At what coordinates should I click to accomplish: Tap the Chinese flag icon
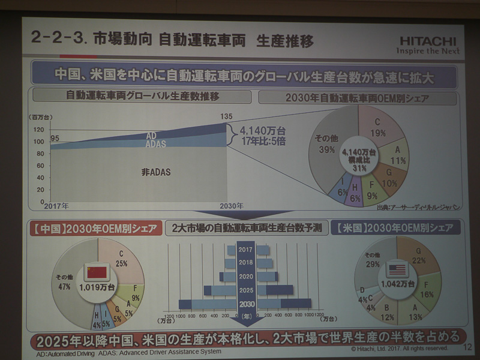click(97, 272)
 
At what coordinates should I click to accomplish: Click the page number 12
click(468, 347)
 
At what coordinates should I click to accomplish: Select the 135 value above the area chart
click(226, 116)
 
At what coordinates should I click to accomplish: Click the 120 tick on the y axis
click(38, 130)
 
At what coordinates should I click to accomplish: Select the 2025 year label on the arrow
click(245, 290)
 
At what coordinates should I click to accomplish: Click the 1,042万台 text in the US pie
click(397, 283)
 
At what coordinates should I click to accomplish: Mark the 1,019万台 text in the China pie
click(97, 287)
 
